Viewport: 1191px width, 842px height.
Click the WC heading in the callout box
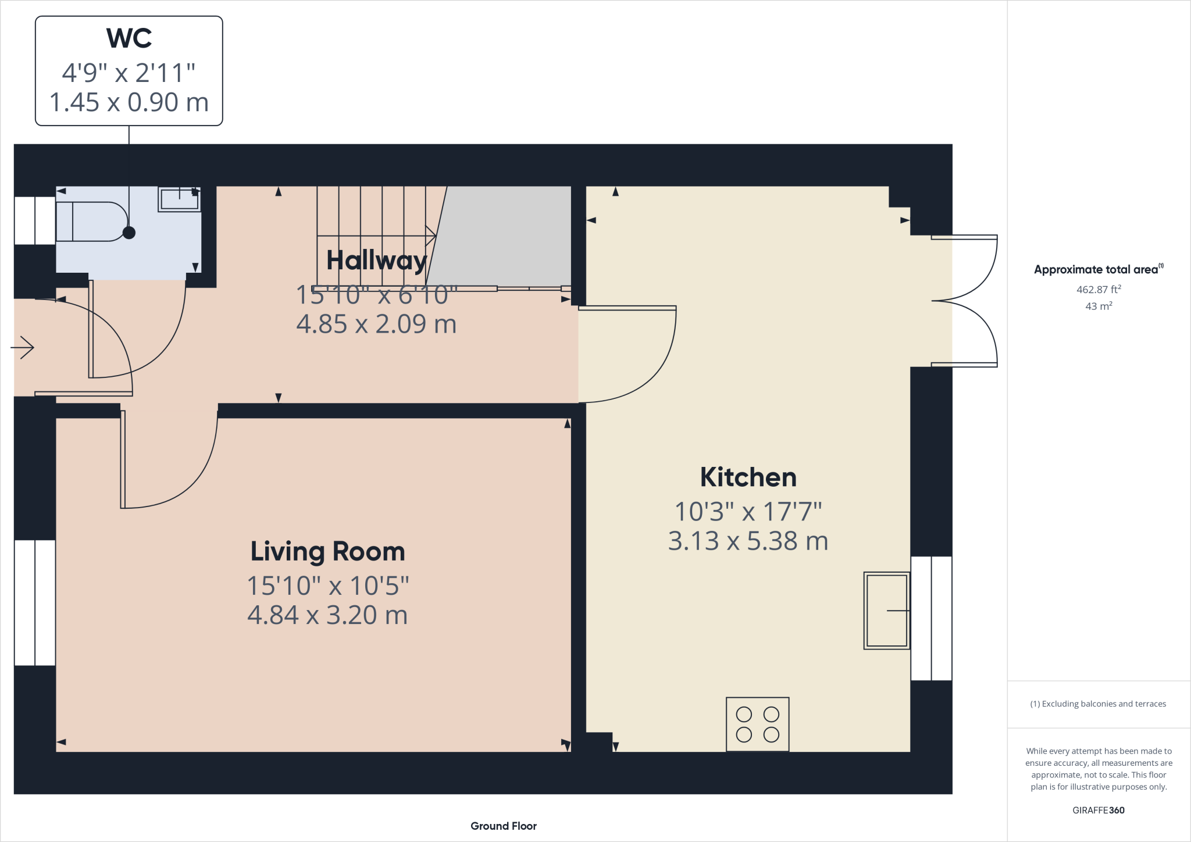click(129, 39)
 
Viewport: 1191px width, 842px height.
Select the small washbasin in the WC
click(179, 199)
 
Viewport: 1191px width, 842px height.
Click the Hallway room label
click(376, 260)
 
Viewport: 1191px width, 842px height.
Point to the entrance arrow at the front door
click(23, 348)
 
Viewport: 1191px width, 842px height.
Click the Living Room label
click(327, 551)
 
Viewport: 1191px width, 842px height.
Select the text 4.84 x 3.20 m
click(327, 615)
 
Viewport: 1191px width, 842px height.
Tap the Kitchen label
click(748, 477)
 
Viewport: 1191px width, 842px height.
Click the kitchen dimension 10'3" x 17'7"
click(748, 512)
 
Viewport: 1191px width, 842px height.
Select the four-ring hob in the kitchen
click(757, 724)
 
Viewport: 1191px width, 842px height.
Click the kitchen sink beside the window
click(886, 611)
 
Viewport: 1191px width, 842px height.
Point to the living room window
click(35, 602)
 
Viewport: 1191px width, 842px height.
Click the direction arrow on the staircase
click(430, 236)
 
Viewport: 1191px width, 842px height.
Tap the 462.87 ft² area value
click(1098, 289)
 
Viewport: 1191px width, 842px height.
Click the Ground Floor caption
click(503, 826)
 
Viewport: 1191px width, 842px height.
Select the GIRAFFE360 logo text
click(1098, 810)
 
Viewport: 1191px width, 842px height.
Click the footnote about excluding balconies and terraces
click(1098, 704)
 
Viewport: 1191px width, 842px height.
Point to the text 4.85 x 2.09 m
click(376, 324)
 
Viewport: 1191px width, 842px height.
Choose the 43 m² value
click(1098, 306)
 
